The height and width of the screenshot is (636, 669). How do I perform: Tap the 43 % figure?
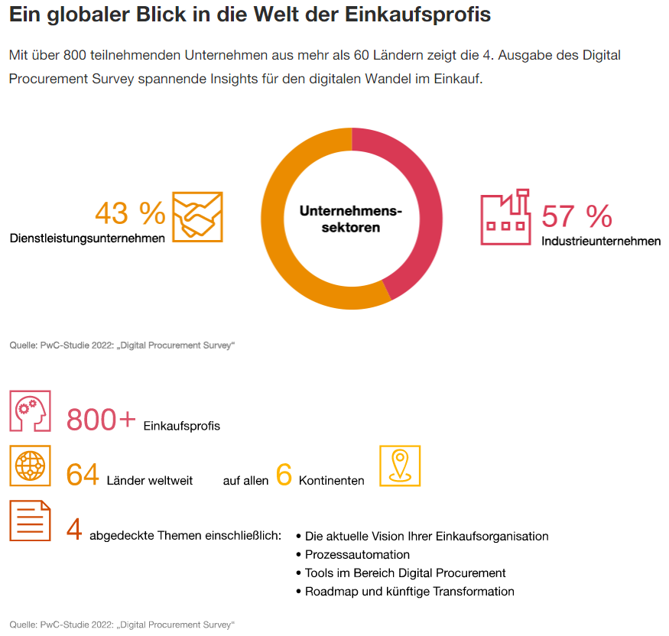[x=130, y=213]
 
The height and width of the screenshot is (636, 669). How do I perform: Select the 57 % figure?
[x=576, y=216]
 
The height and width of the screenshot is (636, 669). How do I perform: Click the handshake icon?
[x=197, y=216]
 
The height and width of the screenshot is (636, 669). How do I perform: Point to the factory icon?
[x=505, y=217]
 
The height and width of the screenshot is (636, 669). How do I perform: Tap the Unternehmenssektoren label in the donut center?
[x=351, y=219]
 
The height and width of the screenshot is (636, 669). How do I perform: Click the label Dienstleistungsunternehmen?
[x=88, y=238]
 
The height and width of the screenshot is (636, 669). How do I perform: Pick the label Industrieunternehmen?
[x=601, y=241]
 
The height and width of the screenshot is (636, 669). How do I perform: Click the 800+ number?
[x=101, y=420]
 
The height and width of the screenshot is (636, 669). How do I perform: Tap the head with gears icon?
[x=30, y=411]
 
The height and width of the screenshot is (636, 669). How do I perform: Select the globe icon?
[x=30, y=466]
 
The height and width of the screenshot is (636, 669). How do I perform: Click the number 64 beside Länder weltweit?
[x=83, y=475]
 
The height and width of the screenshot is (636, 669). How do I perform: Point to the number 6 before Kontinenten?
[x=284, y=475]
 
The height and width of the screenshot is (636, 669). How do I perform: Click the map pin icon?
[x=400, y=466]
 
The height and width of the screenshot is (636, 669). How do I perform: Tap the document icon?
[x=30, y=521]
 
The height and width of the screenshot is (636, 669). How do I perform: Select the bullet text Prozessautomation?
[x=357, y=555]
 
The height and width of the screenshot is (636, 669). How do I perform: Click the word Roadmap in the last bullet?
[x=329, y=592]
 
